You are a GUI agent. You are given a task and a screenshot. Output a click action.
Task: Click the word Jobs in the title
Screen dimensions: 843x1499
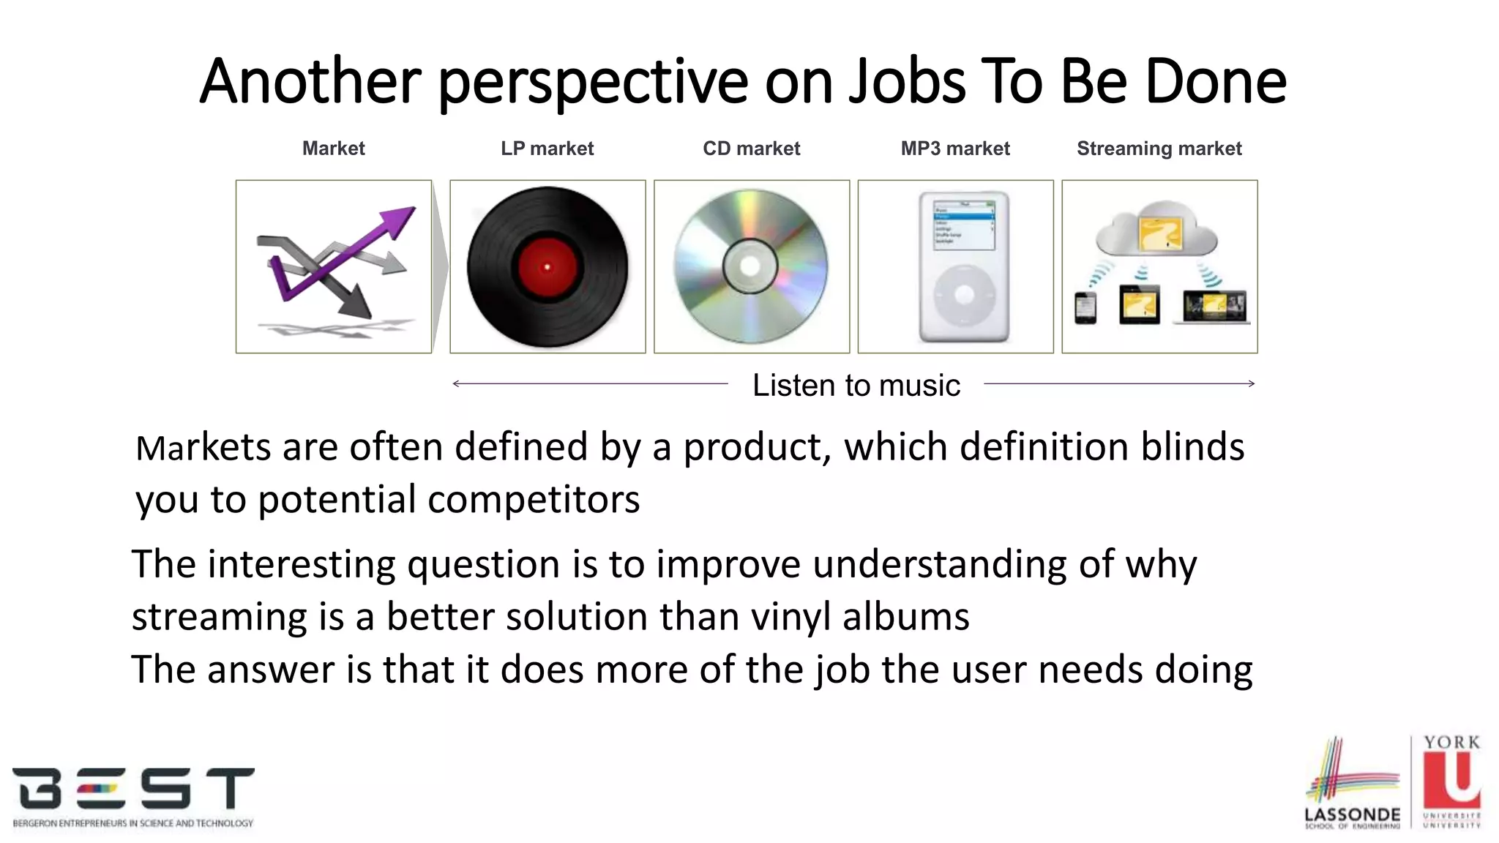click(908, 82)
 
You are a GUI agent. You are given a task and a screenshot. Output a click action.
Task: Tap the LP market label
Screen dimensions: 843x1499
click(547, 149)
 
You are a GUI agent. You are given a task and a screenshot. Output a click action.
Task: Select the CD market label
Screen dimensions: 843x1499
click(751, 149)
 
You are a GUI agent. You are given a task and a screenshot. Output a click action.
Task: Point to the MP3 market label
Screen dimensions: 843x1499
click(954, 149)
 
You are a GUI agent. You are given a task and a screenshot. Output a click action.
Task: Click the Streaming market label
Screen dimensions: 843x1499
click(1159, 149)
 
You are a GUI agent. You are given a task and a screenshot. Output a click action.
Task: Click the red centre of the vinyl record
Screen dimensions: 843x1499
click(547, 267)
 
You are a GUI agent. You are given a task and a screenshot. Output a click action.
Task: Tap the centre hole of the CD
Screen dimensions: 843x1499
click(749, 266)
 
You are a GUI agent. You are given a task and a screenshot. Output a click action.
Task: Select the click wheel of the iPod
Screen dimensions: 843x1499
click(964, 295)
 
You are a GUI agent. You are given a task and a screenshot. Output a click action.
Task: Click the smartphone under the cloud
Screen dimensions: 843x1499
click(1085, 307)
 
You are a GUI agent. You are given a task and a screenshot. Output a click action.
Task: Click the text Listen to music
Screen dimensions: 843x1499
click(856, 386)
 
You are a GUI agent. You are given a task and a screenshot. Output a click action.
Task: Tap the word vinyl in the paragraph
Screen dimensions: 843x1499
click(790, 617)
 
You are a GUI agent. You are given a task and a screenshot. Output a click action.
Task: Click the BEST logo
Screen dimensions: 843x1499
click(133, 796)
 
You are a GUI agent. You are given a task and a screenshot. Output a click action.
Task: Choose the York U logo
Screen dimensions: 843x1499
click(1452, 782)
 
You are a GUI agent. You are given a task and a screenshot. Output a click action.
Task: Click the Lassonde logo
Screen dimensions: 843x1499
click(1352, 783)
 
